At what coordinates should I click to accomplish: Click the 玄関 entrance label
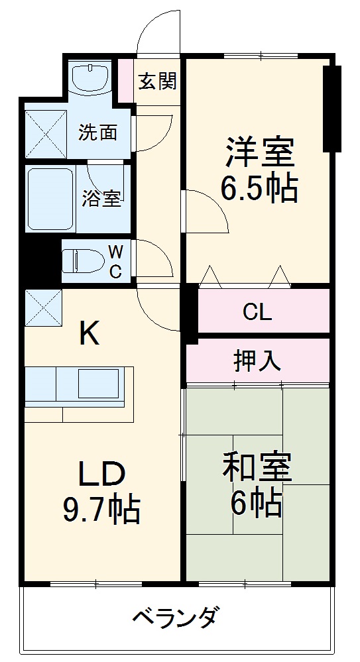pyautogui.click(x=157, y=82)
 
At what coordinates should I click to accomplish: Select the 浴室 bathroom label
pyautogui.click(x=101, y=198)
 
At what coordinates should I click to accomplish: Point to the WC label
pyautogui.click(x=115, y=262)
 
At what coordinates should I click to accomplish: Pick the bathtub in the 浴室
pyautogui.click(x=50, y=198)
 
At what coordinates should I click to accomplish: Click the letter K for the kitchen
pyautogui.click(x=90, y=334)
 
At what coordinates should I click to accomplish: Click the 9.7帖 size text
pyautogui.click(x=101, y=509)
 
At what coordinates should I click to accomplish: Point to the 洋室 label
pyautogui.click(x=259, y=152)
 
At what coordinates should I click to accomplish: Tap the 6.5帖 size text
pyautogui.click(x=259, y=190)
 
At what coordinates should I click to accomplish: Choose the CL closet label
pyautogui.click(x=257, y=311)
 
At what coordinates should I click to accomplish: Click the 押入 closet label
pyautogui.click(x=257, y=361)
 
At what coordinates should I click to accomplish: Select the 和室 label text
pyautogui.click(x=257, y=469)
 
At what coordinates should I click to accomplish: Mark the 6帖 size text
pyautogui.click(x=257, y=505)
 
